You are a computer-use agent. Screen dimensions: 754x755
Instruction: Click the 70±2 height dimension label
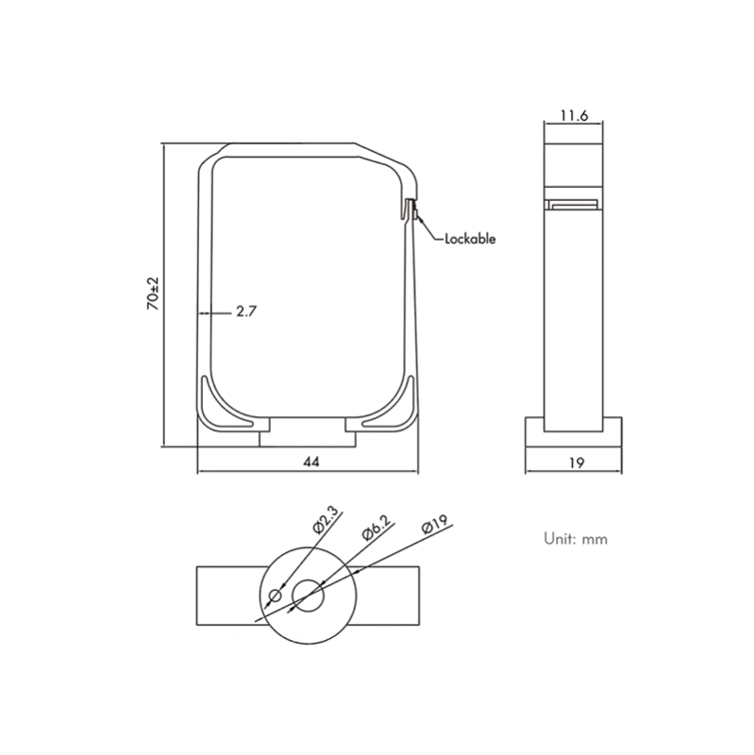click(153, 294)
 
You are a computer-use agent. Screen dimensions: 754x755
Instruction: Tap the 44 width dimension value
click(311, 461)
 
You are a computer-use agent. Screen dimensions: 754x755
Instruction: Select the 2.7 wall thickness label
click(246, 311)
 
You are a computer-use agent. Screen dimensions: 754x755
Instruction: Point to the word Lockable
click(470, 239)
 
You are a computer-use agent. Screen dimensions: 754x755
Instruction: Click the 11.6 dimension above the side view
click(574, 115)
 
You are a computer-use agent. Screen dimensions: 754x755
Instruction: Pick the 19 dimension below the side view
click(577, 462)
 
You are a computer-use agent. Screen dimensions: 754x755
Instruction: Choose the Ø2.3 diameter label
click(326, 520)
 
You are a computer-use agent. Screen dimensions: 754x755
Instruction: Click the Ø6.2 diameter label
click(376, 528)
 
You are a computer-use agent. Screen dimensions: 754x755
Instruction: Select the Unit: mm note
click(576, 539)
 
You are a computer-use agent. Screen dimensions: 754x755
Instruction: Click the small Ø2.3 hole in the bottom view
click(276, 596)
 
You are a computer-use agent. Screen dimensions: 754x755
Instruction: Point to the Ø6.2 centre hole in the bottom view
click(309, 596)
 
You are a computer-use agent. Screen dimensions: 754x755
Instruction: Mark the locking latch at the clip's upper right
click(411, 210)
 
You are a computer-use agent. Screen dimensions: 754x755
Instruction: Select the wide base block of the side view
click(574, 432)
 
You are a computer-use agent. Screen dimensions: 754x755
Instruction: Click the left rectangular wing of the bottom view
click(228, 596)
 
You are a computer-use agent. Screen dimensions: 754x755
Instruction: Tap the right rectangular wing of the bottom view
click(388, 596)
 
